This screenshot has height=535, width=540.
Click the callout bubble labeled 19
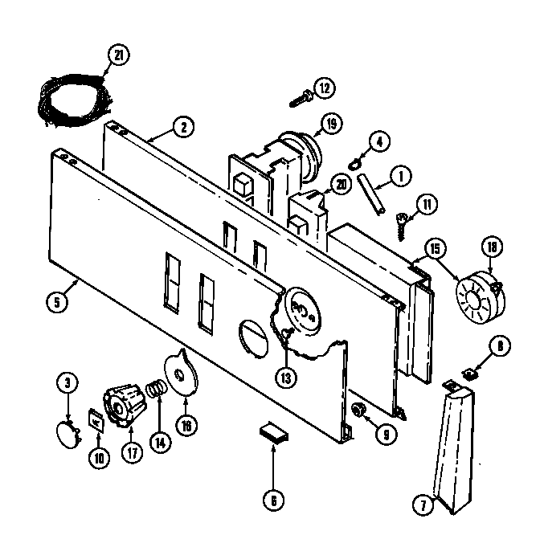[x=329, y=124]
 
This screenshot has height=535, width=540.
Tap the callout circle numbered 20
[x=342, y=184]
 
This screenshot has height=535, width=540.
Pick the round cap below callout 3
[x=67, y=435]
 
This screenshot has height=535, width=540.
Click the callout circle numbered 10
[x=99, y=460]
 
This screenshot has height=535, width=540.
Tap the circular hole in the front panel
[x=253, y=335]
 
